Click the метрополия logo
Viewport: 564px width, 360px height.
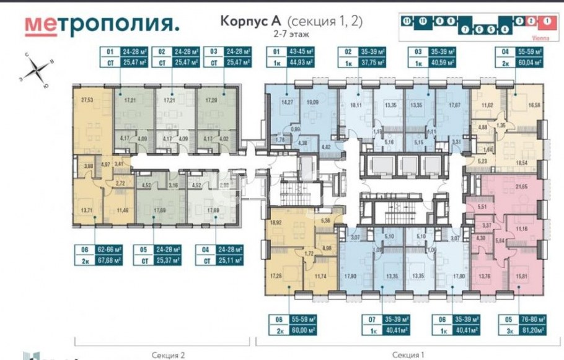[x=103, y=24]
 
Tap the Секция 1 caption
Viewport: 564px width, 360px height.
[x=408, y=354]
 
